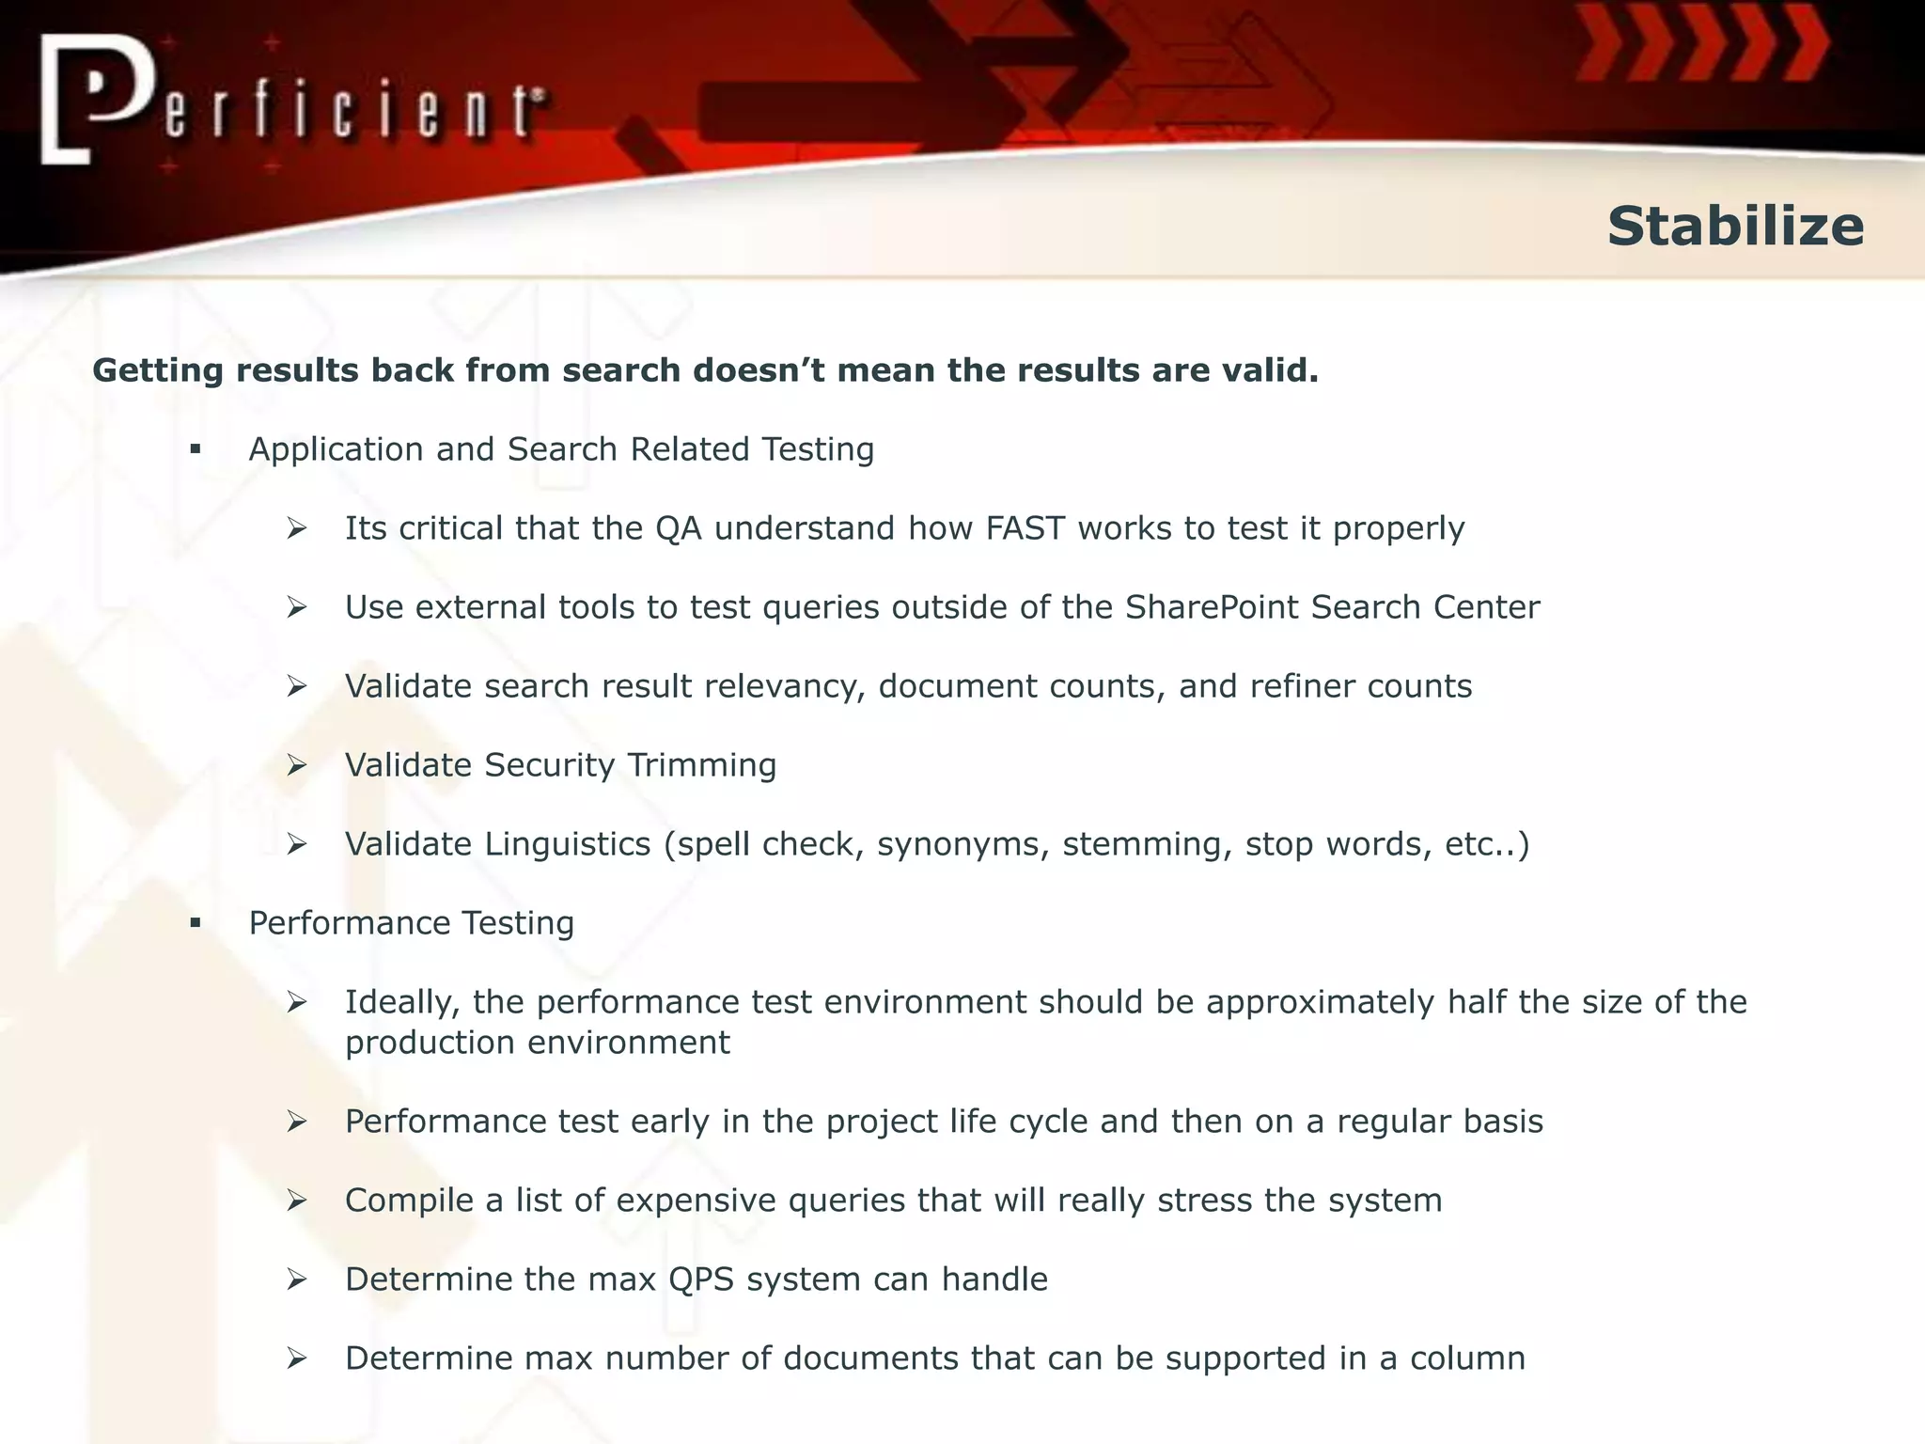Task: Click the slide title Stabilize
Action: [x=1734, y=227]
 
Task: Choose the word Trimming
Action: [x=701, y=765]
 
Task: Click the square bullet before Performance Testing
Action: [x=196, y=924]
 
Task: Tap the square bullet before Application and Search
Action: [x=196, y=450]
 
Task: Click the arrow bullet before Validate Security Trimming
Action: [x=297, y=766]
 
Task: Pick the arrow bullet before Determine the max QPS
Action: [x=297, y=1280]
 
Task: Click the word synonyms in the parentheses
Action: [x=962, y=845]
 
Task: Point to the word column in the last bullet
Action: [x=1467, y=1358]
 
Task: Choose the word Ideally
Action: [x=402, y=1003]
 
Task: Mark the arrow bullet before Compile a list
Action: [x=297, y=1201]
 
